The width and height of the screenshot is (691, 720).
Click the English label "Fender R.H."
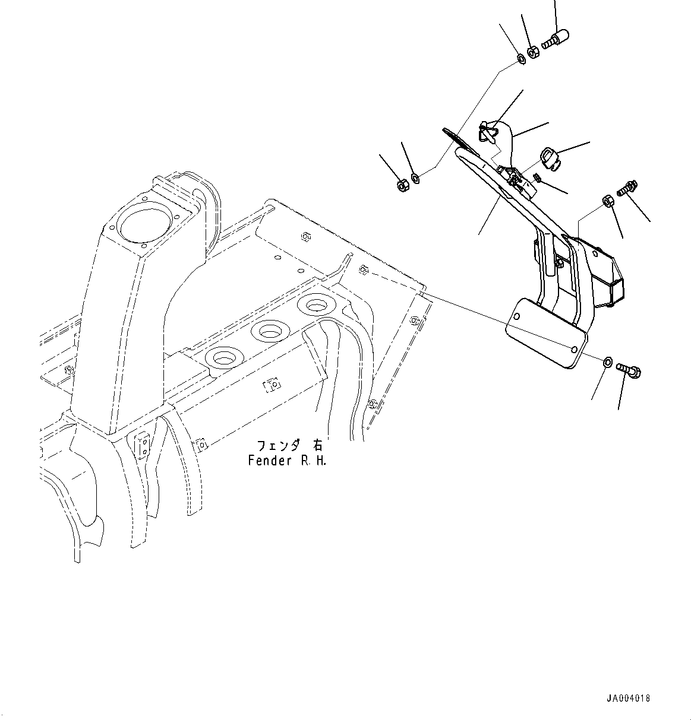point(287,460)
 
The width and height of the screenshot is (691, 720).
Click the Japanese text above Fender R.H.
point(289,446)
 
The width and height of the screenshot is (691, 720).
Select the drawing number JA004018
point(628,699)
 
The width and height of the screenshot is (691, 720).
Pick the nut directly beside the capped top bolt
point(533,52)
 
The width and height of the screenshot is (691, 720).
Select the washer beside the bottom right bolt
point(607,361)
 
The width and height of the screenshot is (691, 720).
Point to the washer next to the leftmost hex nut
point(415,177)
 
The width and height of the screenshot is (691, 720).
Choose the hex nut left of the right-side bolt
point(608,201)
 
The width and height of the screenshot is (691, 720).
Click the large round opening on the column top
point(145,226)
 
